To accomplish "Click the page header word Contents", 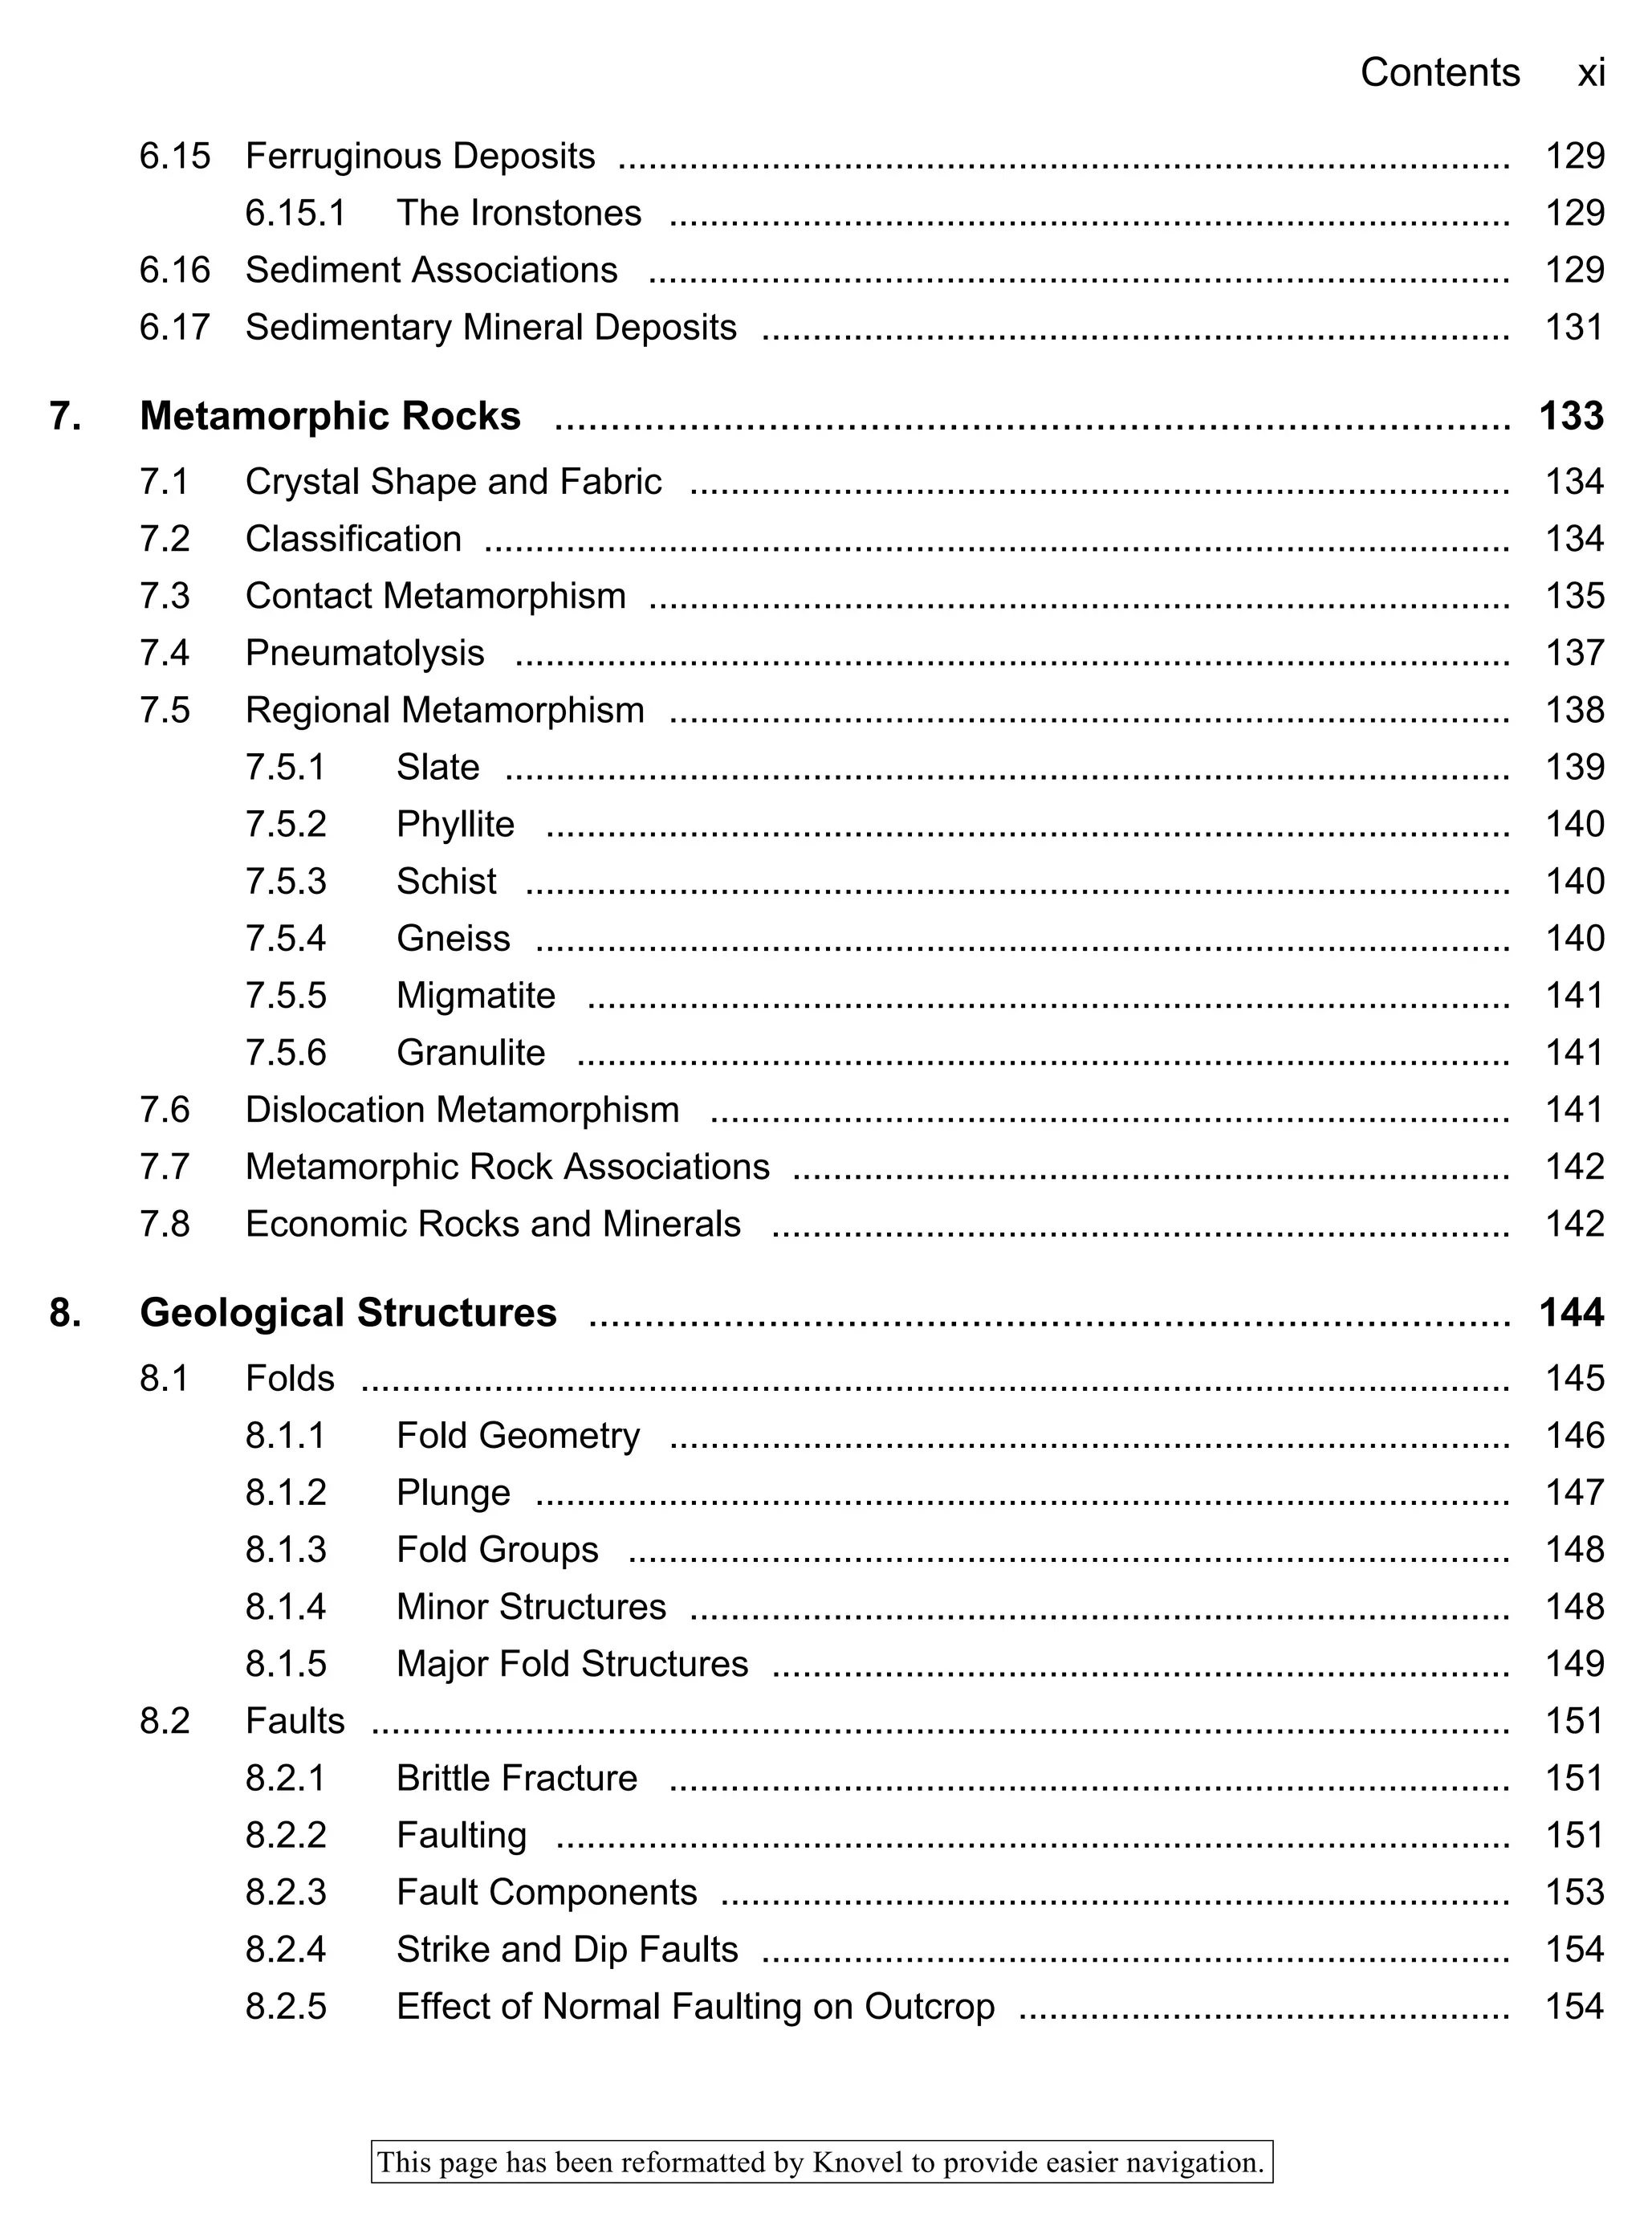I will point(1439,72).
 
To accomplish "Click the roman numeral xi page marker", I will point(1590,72).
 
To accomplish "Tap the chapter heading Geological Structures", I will point(348,1312).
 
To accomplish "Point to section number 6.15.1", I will point(295,213).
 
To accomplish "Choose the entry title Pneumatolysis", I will point(364,653).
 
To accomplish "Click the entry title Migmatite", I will point(476,996).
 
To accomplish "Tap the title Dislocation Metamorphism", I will point(462,1109).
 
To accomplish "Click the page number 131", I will point(1573,327).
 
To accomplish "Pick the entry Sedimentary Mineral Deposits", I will point(490,327).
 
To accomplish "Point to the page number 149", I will point(1573,1664).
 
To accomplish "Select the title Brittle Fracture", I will point(516,1778).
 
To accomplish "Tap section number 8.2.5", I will point(286,2006).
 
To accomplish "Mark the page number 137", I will point(1573,653).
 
